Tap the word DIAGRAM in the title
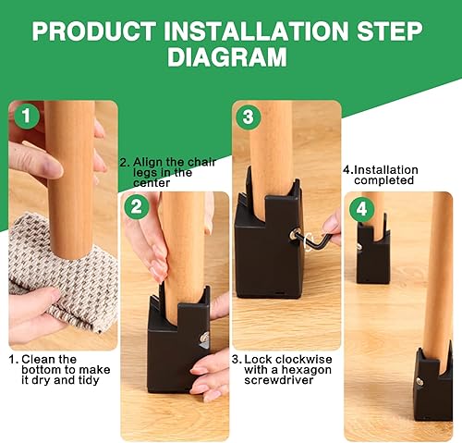coord(227,58)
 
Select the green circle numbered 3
coord(247,117)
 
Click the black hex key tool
coord(316,237)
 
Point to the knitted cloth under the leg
coord(65,277)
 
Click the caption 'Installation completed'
coord(381,175)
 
